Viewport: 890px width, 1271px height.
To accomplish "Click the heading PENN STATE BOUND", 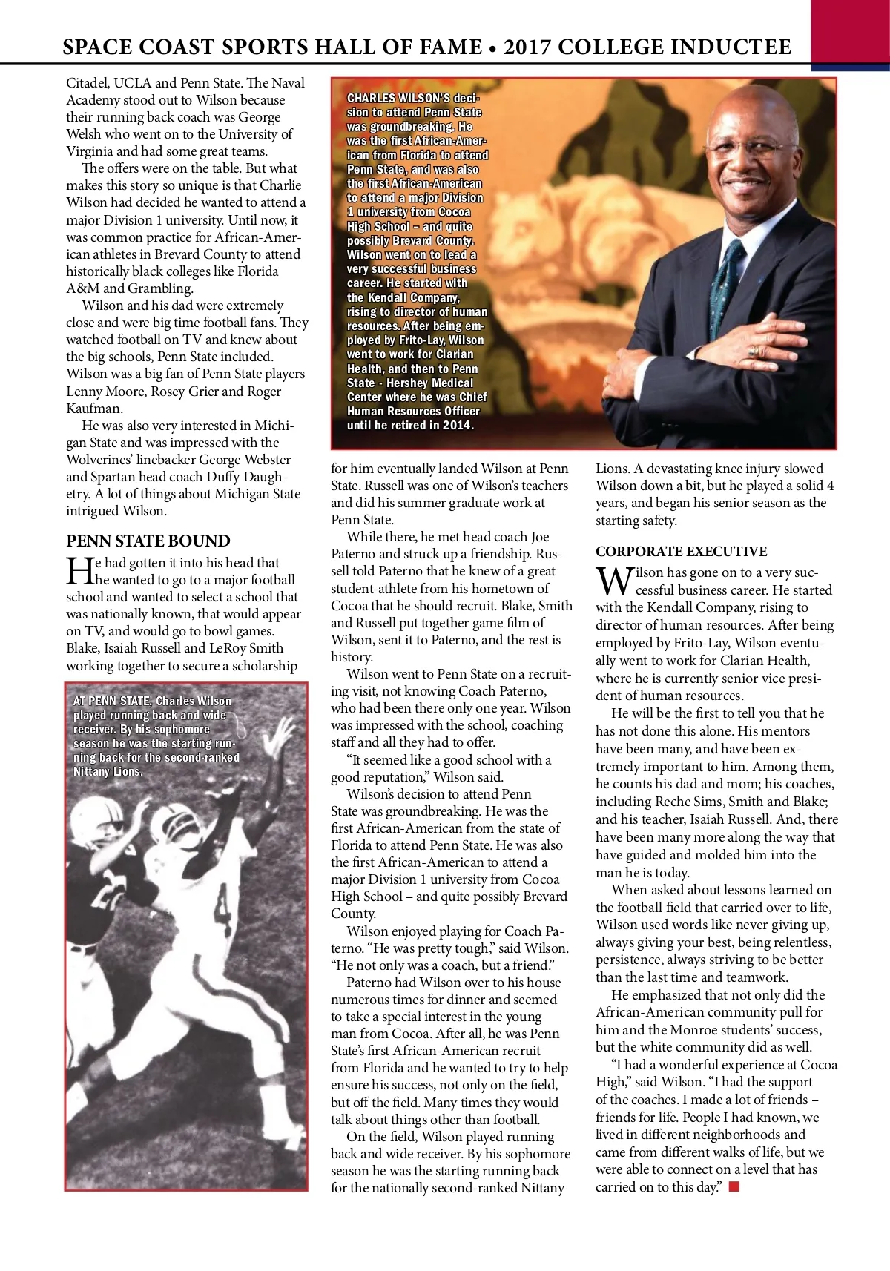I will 148,541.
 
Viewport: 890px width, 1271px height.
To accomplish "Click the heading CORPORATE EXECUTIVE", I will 681,551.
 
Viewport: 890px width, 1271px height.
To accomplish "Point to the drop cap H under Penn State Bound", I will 79,571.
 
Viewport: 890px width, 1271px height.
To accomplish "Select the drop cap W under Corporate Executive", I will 613,581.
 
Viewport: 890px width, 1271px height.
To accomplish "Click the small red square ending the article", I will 734,1187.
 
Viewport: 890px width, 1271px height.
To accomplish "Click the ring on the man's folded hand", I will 754,349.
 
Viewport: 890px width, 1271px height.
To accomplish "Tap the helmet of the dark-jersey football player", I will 104,816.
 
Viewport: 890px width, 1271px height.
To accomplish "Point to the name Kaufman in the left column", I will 95,408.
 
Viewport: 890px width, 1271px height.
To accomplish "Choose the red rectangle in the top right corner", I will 850,33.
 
